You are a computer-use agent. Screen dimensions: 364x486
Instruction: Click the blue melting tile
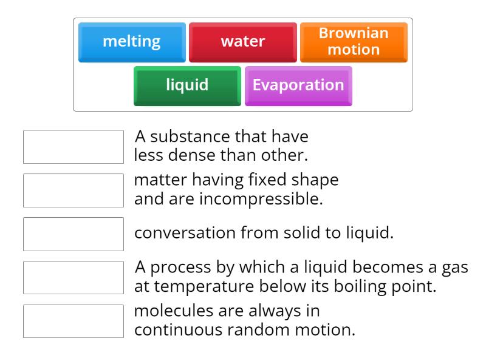[132, 42]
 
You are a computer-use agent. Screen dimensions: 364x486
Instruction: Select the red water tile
[243, 42]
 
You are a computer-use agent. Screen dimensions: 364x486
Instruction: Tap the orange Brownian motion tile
[354, 42]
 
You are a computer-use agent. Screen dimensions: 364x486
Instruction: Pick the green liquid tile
[187, 85]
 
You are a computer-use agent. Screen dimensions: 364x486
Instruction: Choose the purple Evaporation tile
[298, 85]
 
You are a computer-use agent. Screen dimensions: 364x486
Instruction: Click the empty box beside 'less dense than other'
[74, 147]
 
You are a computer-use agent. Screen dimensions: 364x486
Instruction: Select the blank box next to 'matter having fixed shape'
[74, 190]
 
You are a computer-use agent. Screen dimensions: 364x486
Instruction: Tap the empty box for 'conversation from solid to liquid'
[74, 234]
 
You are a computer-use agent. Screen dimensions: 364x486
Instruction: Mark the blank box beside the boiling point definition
[74, 278]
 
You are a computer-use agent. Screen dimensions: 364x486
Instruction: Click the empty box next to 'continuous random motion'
[74, 322]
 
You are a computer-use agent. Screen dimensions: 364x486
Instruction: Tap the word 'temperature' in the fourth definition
[199, 286]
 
